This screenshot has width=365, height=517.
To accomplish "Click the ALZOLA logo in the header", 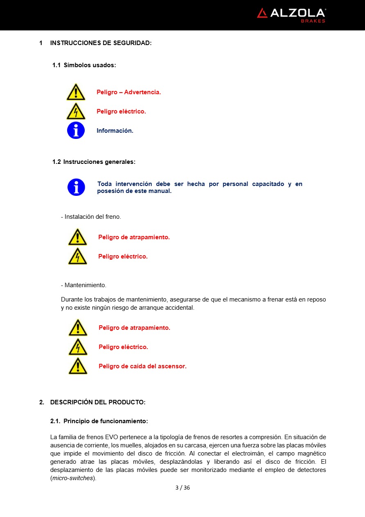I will coord(291,14).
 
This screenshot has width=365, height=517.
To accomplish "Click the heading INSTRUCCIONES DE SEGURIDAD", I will coord(101,43).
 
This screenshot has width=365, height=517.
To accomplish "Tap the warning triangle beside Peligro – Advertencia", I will coord(76,92).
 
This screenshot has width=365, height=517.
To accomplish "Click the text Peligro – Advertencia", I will coord(128,92).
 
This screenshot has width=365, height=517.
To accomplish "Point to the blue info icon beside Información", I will coord(76,130).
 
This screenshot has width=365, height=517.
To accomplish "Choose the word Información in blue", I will coord(115,131).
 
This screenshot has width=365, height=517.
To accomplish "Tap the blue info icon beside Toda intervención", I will coord(76,187).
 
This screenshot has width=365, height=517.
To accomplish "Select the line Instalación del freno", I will coord(91,217).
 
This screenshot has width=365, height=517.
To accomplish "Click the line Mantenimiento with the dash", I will coord(83,285).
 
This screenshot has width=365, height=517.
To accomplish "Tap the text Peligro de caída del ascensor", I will coord(142,366).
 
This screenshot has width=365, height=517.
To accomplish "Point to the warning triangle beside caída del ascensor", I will coord(78,366).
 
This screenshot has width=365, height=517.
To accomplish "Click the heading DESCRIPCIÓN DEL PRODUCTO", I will coord(98,402).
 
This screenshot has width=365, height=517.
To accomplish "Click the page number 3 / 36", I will coord(182,488).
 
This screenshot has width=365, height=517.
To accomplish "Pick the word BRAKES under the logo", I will coord(313,21).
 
